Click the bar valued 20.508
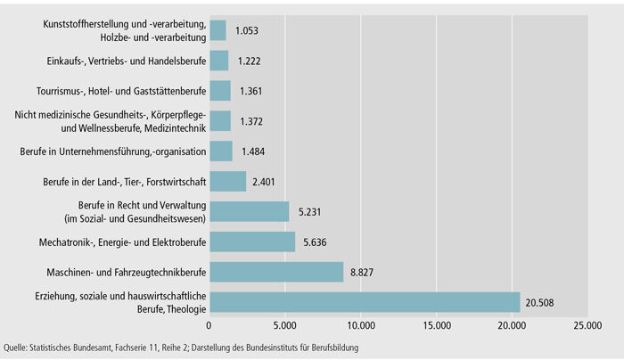(x=365, y=302)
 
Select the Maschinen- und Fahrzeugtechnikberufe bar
(x=276, y=272)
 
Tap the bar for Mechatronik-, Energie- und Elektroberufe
(x=252, y=241)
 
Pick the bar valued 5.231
(x=249, y=211)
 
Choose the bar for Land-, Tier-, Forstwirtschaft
(x=227, y=181)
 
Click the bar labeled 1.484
(x=220, y=151)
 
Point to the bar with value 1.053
(x=218, y=30)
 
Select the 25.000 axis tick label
(x=587, y=327)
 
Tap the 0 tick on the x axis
(x=209, y=327)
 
